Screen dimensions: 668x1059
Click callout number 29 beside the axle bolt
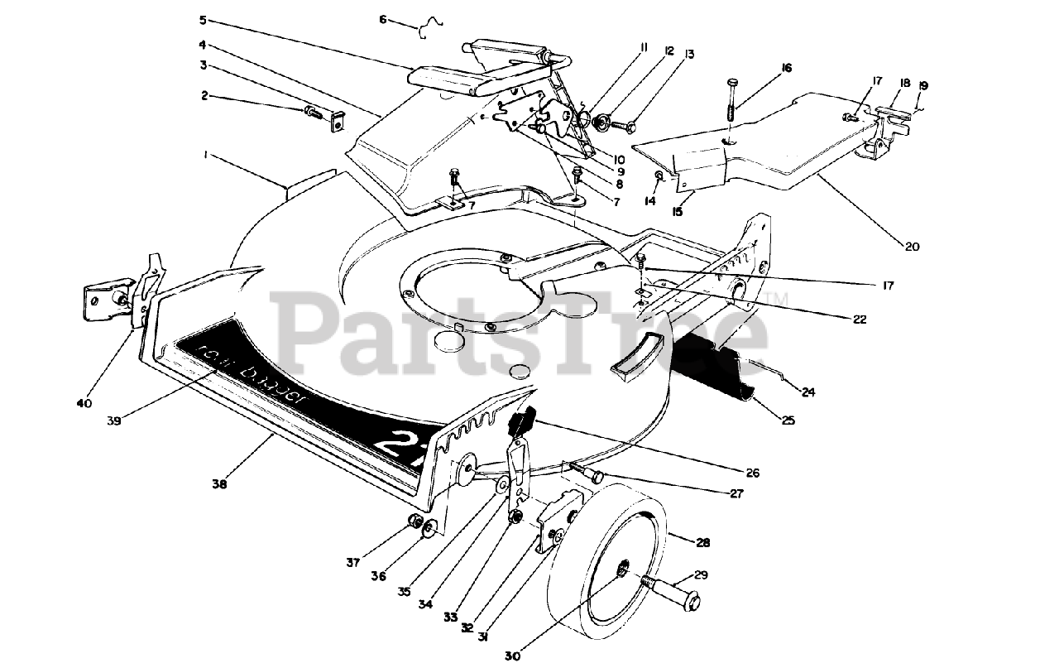(701, 574)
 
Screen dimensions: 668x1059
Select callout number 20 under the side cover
(913, 246)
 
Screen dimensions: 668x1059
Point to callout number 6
(383, 18)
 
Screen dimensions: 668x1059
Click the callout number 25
(788, 421)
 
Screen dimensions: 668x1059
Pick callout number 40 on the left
(84, 403)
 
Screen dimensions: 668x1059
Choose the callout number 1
(204, 155)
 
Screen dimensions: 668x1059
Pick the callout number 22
(860, 319)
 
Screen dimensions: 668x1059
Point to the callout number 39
(114, 421)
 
